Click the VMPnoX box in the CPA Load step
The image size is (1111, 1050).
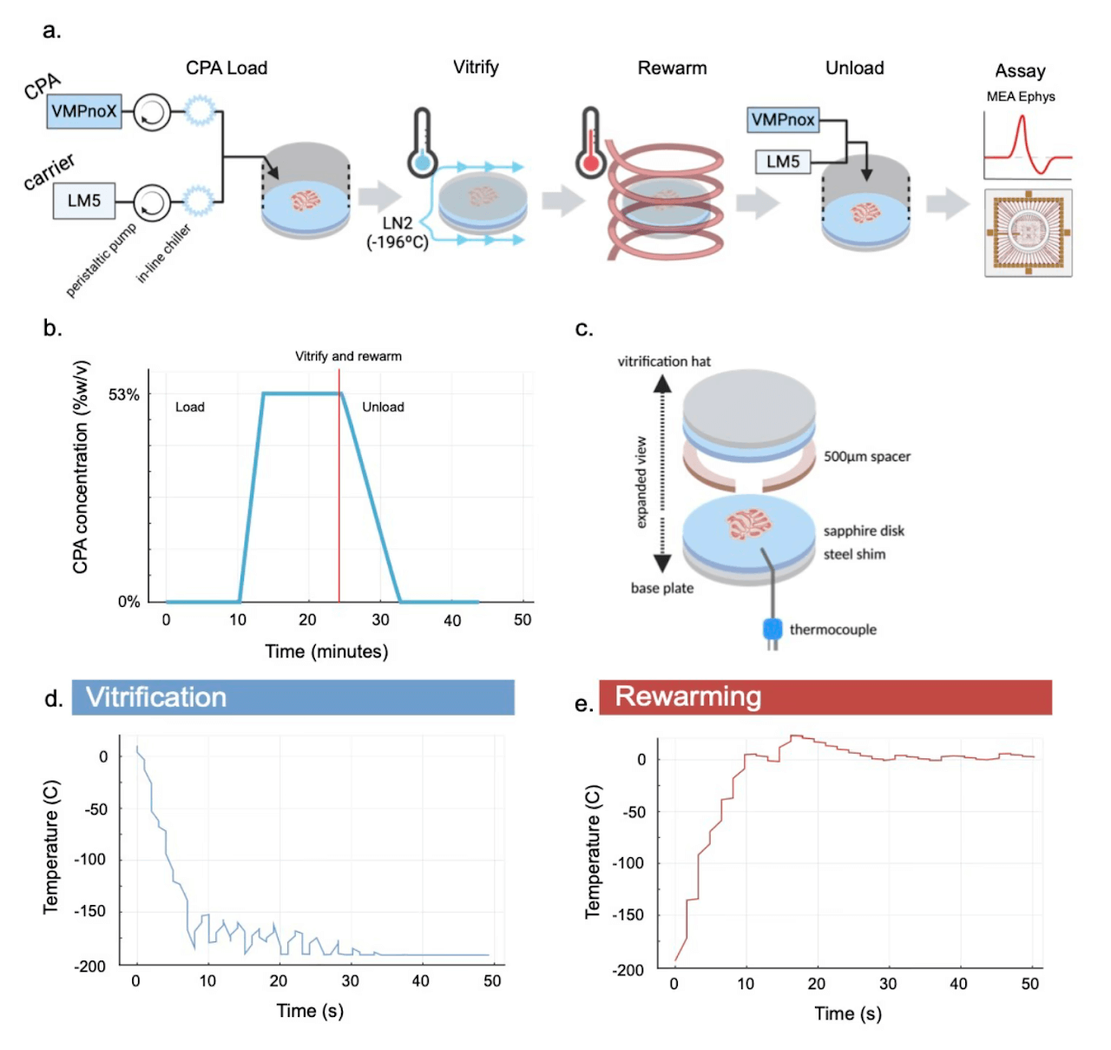83,111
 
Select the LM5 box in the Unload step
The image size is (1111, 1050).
783,162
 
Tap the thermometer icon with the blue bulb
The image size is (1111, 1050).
422,143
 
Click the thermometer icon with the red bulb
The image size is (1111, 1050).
591,143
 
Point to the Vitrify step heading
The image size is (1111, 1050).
476,67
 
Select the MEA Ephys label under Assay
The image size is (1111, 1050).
1021,96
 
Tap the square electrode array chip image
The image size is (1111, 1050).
1029,233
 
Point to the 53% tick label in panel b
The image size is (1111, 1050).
124,395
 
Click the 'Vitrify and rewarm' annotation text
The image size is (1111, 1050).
348,356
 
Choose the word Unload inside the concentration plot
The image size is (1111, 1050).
383,406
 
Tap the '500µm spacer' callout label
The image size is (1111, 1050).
866,456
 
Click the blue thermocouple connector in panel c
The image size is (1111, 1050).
772,629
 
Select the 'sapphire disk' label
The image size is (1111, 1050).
864,531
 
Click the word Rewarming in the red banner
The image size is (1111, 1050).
688,697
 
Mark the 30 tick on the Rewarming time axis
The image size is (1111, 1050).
888,984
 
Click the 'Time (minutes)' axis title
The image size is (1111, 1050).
326,651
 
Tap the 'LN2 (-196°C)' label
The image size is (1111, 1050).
398,233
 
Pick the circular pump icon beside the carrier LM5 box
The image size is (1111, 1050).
152,201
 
